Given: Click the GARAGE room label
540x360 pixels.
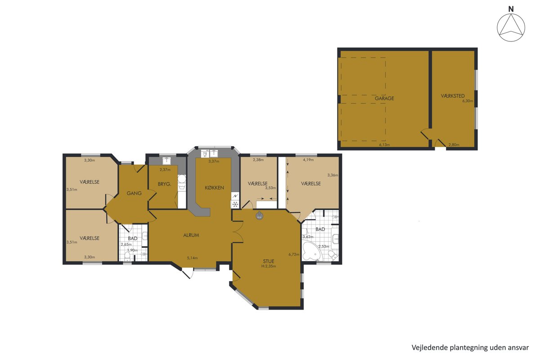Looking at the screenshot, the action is coord(384,99).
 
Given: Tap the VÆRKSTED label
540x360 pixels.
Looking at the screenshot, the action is coord(453,96).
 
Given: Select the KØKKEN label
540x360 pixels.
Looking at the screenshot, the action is coord(214,188).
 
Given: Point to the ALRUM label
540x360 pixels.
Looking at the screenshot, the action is coord(191,235).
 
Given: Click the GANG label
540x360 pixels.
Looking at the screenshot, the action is coord(134,193).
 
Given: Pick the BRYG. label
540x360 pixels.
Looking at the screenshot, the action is coord(164,184).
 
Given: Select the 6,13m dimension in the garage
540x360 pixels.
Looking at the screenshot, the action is coord(384,145).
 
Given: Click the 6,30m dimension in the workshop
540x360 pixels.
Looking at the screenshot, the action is coord(468,101).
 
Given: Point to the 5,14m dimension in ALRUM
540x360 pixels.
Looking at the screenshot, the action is coord(192,258).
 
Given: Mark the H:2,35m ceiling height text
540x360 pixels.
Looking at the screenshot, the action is coord(269,266).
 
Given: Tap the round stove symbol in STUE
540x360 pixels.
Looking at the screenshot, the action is coord(259,216).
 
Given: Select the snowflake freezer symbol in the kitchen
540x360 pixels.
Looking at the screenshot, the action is coord(235,204).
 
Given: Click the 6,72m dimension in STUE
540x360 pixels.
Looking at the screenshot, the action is coord(294,254).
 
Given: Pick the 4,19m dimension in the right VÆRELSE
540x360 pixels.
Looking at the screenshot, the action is coord(308,160).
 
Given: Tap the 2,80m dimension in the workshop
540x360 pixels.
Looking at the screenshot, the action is coord(454,145).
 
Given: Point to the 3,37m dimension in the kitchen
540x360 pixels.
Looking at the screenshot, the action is coord(214,162).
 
